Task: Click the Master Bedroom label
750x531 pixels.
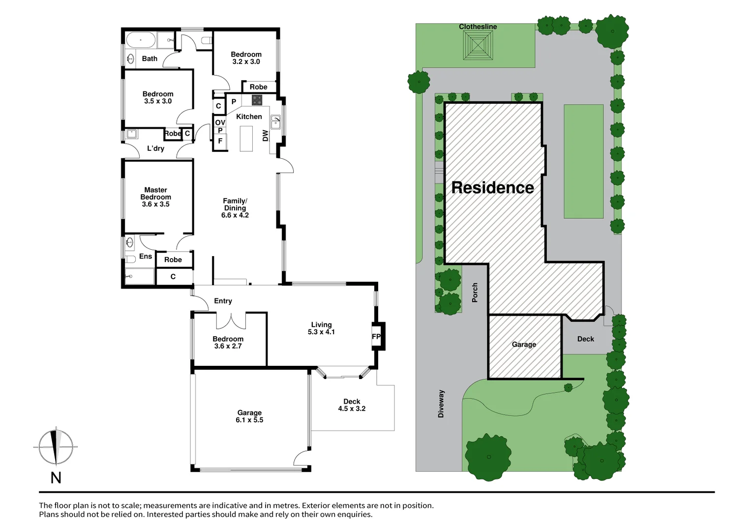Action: pos(155,197)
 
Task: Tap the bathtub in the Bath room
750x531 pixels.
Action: pos(141,39)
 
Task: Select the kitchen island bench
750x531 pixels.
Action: pos(246,139)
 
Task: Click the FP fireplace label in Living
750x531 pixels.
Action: pos(376,337)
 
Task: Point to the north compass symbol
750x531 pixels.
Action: pos(56,447)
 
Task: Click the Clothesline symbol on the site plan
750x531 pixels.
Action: pos(478,45)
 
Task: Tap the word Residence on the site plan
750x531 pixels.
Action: pos(492,188)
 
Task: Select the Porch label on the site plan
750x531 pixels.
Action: pos(475,293)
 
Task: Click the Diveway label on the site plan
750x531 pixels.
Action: pos(441,404)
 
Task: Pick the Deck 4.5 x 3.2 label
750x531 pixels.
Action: pos(352,405)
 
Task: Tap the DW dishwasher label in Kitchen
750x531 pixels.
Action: pos(266,136)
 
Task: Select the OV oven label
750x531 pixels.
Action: pos(220,122)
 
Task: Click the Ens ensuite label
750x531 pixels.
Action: pos(146,256)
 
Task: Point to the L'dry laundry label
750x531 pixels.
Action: pos(155,148)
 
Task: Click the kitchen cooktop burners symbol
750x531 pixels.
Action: pos(257,100)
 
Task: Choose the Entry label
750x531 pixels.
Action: pos(223,301)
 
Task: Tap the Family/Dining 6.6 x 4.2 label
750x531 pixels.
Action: pos(235,208)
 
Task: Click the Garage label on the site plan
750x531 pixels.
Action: pos(524,345)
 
